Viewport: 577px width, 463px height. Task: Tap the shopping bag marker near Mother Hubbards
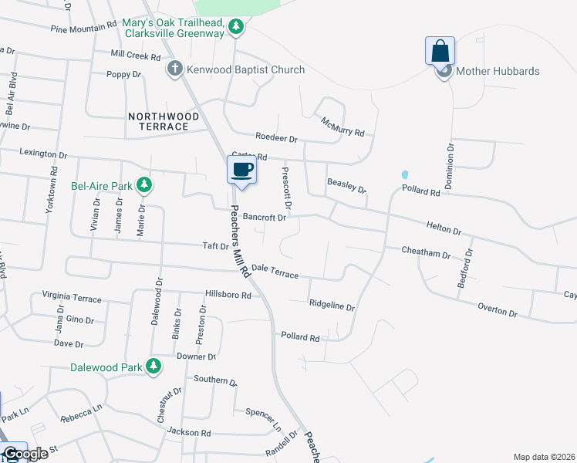click(x=440, y=52)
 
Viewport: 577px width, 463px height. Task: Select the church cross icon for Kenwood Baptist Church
click(x=175, y=70)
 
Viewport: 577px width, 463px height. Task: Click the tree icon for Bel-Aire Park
click(x=143, y=185)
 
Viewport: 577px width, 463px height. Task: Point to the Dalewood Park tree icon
click(x=154, y=367)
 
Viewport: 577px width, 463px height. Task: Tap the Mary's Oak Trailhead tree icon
click(x=236, y=29)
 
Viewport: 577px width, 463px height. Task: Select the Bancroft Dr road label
click(x=265, y=218)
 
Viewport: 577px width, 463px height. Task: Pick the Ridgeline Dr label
click(x=332, y=306)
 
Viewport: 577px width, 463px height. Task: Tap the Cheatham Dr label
click(x=426, y=252)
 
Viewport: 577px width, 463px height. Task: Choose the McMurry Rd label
click(x=342, y=127)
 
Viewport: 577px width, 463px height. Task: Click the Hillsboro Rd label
click(x=228, y=295)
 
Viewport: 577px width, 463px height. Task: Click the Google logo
click(x=25, y=454)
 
